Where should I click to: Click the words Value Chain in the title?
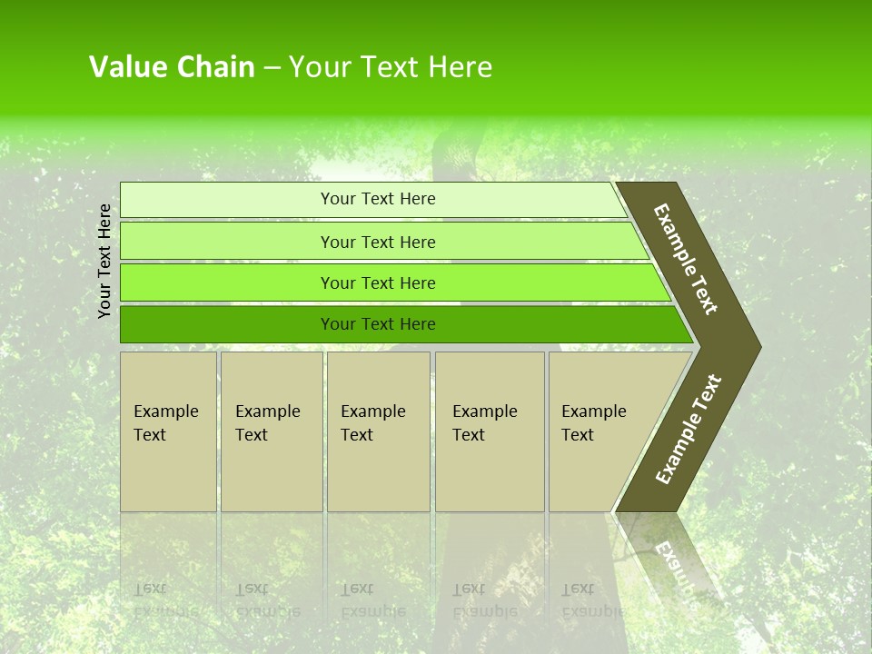(x=172, y=67)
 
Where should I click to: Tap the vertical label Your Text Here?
(x=104, y=261)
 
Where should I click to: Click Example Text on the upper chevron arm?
(x=686, y=259)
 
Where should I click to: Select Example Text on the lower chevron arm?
(x=689, y=430)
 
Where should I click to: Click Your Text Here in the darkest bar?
(x=378, y=324)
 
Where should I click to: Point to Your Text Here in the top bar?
(x=378, y=199)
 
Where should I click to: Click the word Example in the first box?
(x=165, y=411)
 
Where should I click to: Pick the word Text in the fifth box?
(x=577, y=435)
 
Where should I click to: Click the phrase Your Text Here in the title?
(x=391, y=67)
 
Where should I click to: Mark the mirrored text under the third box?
(x=372, y=600)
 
